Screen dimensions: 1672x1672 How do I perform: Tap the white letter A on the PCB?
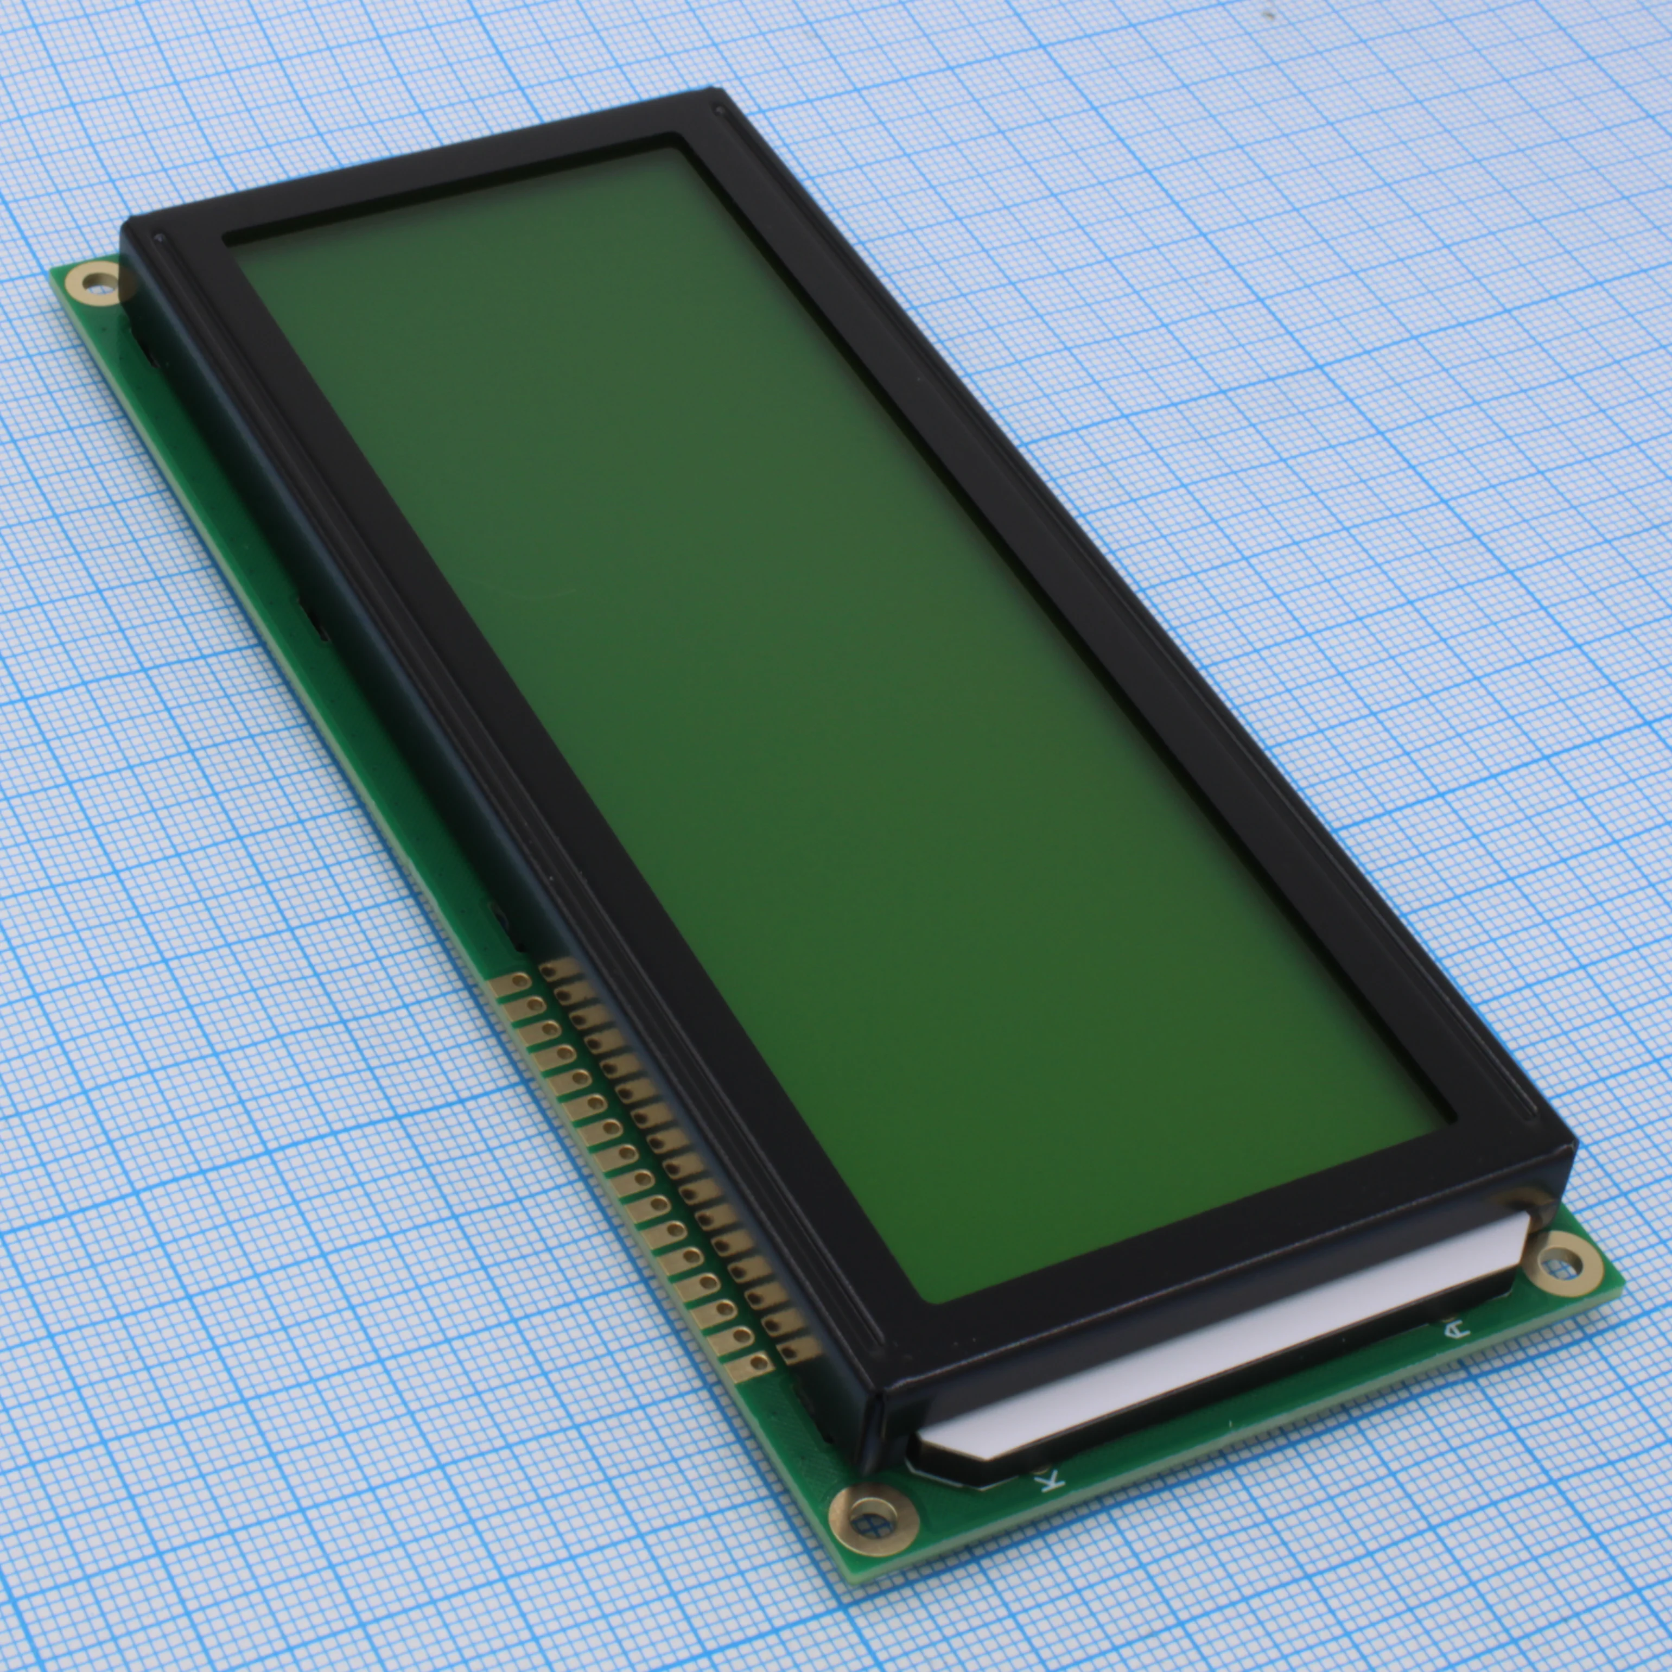click(1455, 1327)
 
